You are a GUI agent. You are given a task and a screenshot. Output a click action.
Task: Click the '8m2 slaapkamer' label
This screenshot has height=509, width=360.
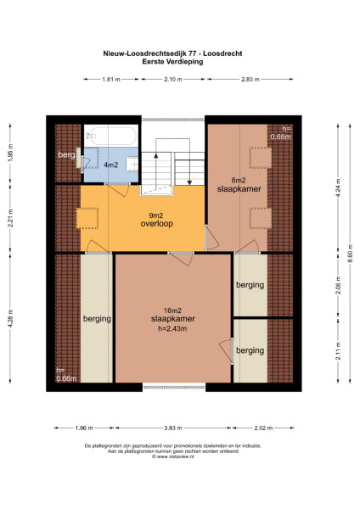245,185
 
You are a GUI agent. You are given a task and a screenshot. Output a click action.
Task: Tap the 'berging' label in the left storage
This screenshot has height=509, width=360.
97,320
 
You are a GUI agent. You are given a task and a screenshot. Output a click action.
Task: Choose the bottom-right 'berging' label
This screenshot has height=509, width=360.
250,350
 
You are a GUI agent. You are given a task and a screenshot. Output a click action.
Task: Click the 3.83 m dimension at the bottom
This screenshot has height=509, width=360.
173,428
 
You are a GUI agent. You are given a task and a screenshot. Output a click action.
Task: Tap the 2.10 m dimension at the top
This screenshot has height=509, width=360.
174,79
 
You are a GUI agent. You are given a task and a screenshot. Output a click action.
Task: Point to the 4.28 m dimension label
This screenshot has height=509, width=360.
10,322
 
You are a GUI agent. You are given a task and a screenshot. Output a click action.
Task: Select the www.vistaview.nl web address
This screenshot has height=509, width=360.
178,456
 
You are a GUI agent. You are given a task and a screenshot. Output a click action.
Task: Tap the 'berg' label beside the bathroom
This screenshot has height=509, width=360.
67,156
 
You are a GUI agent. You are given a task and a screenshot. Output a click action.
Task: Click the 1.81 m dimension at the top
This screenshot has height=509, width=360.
110,79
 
